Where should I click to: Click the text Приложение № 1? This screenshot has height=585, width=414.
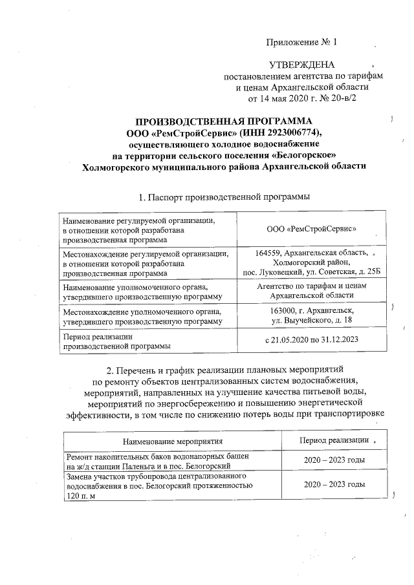pos(301,43)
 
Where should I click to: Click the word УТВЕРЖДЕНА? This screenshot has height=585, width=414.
pos(301,65)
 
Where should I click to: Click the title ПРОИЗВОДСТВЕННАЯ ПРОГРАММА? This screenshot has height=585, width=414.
pos(223,121)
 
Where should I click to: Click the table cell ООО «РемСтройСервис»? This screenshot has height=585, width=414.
pos(312,229)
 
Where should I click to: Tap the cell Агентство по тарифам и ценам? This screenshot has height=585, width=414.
pos(312,286)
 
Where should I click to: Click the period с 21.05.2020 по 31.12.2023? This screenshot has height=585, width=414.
pos(312,340)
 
